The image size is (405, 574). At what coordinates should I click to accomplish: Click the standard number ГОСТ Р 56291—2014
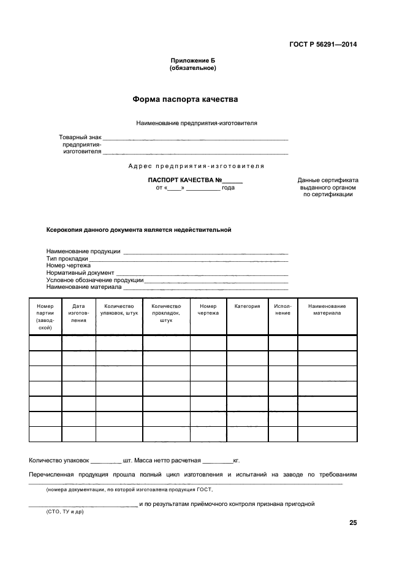point(324,44)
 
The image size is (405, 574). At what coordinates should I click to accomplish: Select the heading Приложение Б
point(193,61)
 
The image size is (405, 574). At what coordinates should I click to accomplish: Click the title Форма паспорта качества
point(186,99)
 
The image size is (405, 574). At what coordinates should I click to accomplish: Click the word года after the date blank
point(229,188)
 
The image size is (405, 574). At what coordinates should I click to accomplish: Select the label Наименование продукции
point(83,251)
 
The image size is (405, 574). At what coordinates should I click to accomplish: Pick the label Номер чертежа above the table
point(69,266)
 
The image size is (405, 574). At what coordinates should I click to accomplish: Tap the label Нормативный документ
point(80,273)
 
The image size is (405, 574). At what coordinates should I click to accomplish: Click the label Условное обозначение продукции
point(95,280)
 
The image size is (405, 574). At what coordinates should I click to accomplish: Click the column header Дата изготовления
point(78,313)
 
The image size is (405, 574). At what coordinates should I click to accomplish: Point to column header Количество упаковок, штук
point(119,310)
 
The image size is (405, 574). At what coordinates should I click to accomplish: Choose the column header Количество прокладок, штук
point(166,313)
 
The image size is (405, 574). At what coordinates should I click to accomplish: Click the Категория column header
point(248,306)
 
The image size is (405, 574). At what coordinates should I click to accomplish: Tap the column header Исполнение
point(282,310)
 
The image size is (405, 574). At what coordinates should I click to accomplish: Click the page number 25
point(353,523)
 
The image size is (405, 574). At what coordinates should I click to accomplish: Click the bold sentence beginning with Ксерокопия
point(138,230)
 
